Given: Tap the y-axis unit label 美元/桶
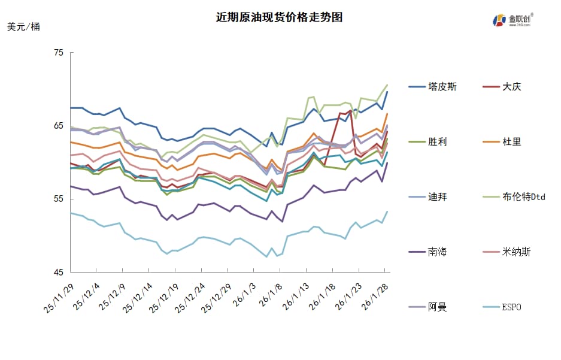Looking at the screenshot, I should pos(24,27).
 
